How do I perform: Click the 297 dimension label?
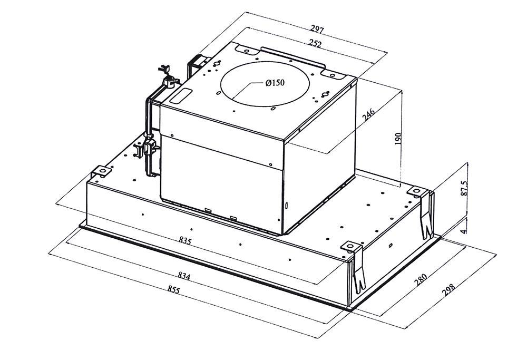(x=317, y=30)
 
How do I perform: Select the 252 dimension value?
(x=315, y=44)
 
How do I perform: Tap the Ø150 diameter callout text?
(x=275, y=83)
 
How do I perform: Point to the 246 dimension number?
(x=368, y=115)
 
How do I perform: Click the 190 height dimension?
(x=398, y=139)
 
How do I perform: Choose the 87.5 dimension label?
(x=464, y=188)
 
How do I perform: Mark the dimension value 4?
(x=464, y=231)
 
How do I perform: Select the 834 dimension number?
(x=184, y=276)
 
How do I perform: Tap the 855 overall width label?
(x=174, y=289)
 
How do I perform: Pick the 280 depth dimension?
(x=420, y=280)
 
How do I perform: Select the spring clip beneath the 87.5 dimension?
(x=427, y=215)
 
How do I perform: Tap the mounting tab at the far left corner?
(x=101, y=171)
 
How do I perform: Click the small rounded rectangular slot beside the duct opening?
(x=181, y=96)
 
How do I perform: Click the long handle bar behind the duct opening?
(x=293, y=58)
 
